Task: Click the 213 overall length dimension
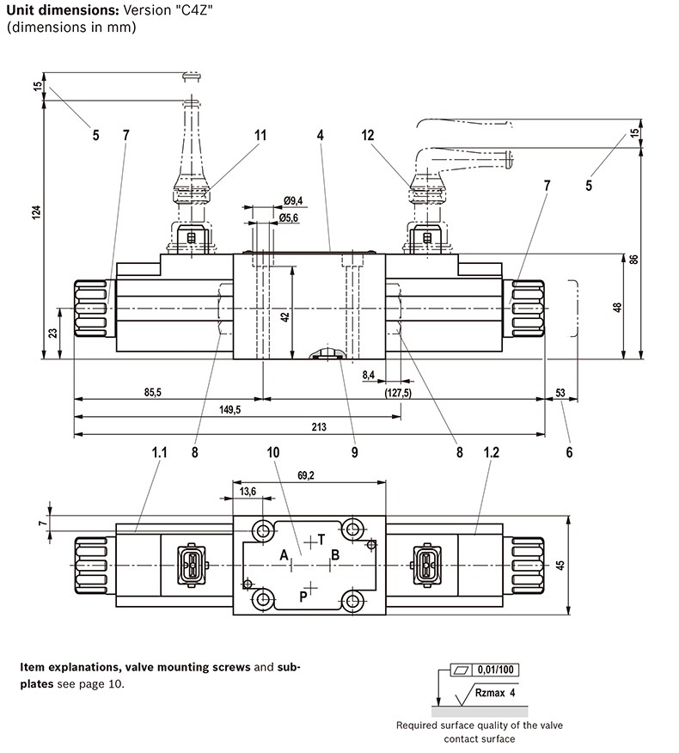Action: (319, 426)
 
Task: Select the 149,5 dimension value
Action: (230, 410)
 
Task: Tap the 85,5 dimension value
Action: (153, 392)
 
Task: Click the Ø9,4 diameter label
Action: (293, 200)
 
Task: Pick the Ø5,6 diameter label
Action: (289, 218)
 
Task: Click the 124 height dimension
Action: (37, 212)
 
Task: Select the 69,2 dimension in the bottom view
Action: (306, 475)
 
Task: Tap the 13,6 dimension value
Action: (248, 492)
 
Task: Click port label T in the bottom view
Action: (321, 540)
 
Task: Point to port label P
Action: (303, 597)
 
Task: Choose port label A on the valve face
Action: (284, 555)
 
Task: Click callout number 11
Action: (260, 135)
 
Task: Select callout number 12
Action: (367, 135)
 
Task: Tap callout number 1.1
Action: (159, 452)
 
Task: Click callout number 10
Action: (272, 452)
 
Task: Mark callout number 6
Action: (569, 452)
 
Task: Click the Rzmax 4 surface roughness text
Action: (495, 693)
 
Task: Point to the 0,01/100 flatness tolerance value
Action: (496, 670)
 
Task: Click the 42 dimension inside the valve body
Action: (285, 317)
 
